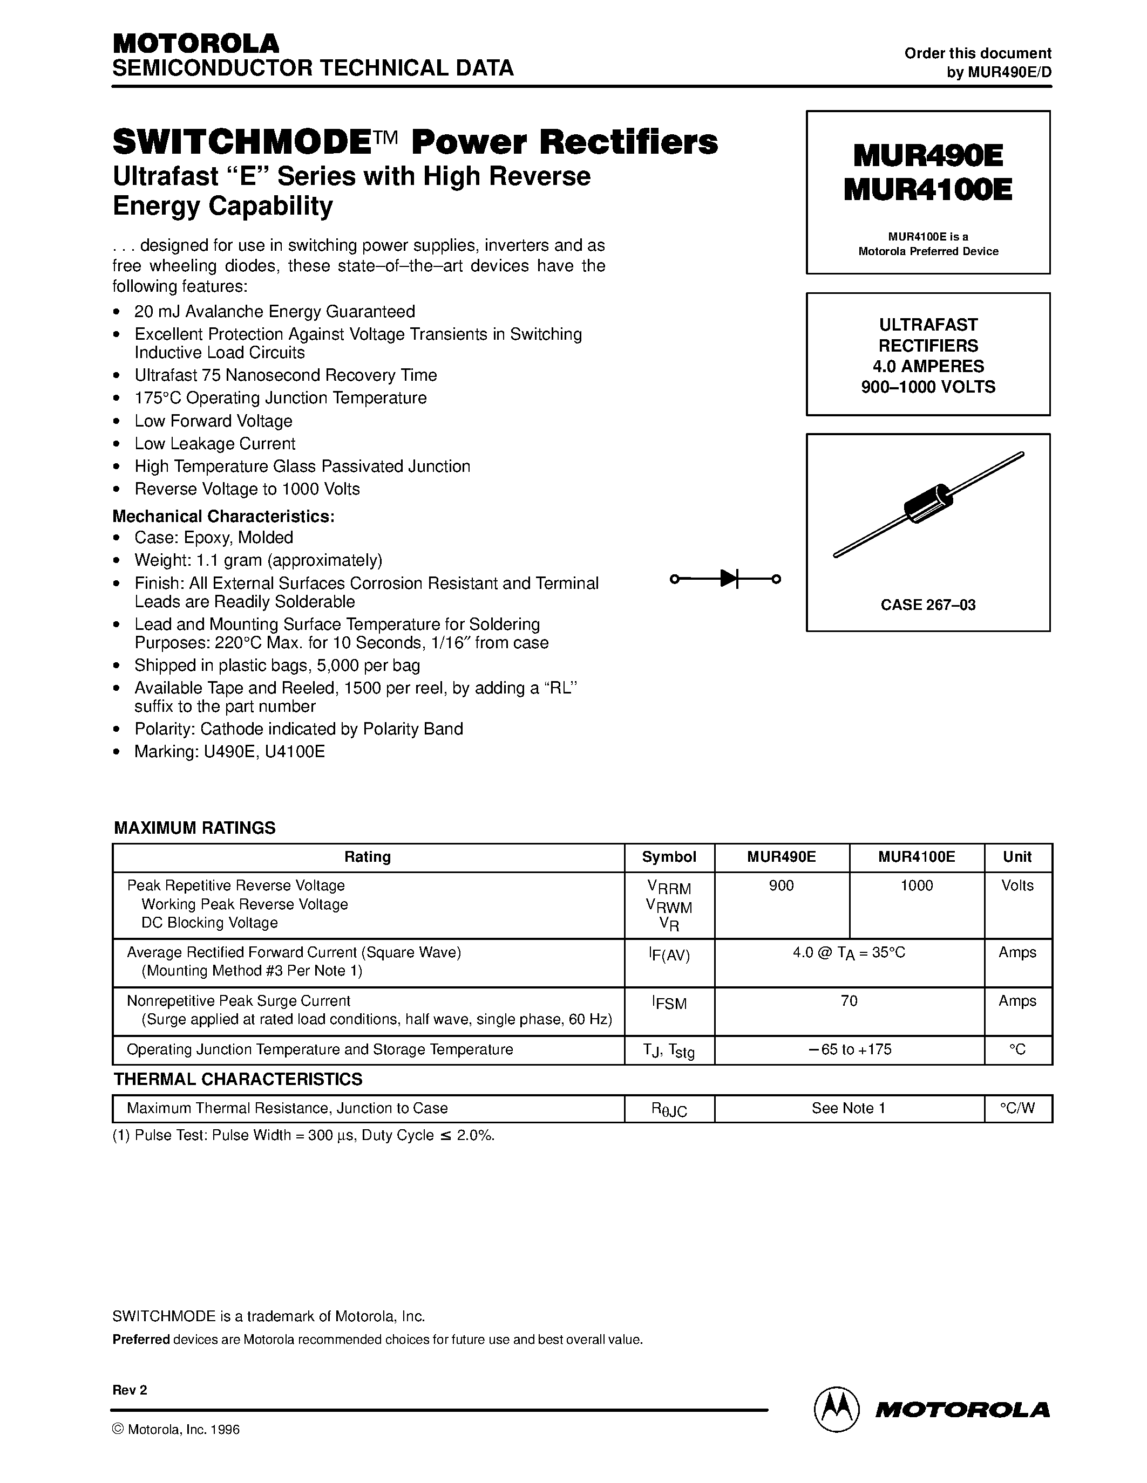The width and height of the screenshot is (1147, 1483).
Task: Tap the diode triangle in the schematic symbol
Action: (x=729, y=579)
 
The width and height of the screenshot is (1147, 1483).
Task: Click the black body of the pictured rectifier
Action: (x=928, y=503)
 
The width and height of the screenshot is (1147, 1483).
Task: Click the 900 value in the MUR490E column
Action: (x=782, y=885)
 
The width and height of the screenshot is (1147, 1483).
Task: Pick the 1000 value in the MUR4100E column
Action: (x=916, y=885)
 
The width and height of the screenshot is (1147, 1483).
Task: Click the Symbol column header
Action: (x=669, y=857)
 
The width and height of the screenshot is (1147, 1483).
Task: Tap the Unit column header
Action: (x=1017, y=857)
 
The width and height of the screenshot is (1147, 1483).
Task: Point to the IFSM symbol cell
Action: (x=669, y=1003)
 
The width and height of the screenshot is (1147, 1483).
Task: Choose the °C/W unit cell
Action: (x=1017, y=1108)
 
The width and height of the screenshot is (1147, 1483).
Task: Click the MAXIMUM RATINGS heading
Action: (x=194, y=828)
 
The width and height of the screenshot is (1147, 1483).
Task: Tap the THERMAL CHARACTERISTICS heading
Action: (x=238, y=1079)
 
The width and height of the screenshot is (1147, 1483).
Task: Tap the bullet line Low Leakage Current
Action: (x=215, y=443)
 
